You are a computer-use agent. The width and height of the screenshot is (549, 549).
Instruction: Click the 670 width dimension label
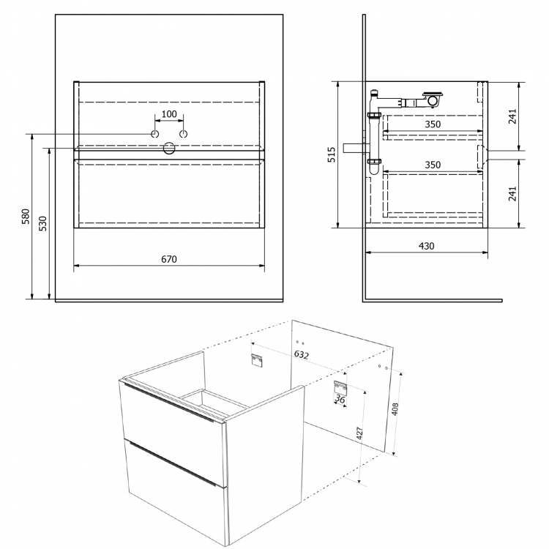tap(169, 259)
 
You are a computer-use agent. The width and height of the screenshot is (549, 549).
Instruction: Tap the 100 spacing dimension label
tap(169, 114)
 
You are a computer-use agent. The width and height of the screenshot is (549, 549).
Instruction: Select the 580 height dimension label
tap(26, 217)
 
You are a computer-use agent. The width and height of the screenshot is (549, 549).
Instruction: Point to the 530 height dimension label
tap(42, 223)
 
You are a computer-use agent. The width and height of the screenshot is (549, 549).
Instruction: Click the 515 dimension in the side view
tap(331, 154)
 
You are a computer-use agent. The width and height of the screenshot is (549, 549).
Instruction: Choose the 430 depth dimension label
tap(427, 246)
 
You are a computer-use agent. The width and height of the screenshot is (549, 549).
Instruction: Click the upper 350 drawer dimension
tap(433, 124)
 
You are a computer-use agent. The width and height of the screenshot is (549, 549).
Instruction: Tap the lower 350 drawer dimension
tap(433, 165)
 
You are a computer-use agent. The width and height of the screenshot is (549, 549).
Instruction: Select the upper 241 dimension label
tap(512, 116)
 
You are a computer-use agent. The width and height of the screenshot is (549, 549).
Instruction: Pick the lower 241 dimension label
tap(512, 194)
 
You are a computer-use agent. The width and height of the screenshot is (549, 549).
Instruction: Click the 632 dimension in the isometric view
tap(301, 355)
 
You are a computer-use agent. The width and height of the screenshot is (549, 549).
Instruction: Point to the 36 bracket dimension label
tap(340, 399)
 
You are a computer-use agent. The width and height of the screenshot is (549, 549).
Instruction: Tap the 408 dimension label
tap(395, 409)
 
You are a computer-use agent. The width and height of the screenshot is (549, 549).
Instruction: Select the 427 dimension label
tap(359, 433)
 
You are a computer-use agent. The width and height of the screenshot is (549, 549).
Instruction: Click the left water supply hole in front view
tap(154, 134)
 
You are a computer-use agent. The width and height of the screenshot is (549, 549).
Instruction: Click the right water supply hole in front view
tap(184, 134)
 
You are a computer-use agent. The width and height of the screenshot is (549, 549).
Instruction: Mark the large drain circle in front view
tap(169, 149)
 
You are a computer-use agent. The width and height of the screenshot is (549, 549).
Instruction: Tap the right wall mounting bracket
tap(340, 387)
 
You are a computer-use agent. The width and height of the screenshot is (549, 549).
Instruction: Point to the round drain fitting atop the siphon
tap(433, 99)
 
